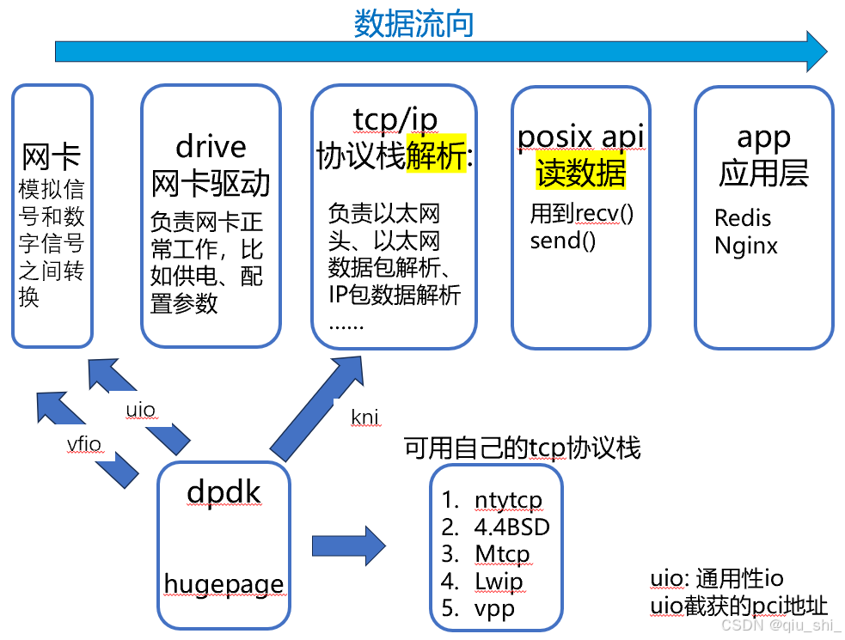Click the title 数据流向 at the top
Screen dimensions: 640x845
tap(413, 23)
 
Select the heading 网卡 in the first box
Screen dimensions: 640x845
tap(52, 157)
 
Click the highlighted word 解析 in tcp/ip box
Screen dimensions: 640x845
tap(436, 155)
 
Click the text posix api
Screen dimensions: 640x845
tap(581, 136)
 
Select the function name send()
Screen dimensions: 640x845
tap(562, 241)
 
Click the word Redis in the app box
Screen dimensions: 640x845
tap(743, 218)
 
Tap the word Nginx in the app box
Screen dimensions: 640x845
tap(746, 247)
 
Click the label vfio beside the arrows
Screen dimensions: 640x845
tap(83, 443)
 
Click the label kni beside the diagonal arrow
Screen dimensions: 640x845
tap(364, 418)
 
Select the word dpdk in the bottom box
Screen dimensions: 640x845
tap(223, 492)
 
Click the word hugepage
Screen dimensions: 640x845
tap(223, 584)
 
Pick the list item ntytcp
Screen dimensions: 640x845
tap(508, 500)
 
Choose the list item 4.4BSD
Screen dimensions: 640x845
tap(511, 527)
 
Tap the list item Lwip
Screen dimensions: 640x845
tap(499, 582)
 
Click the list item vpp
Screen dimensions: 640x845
tap(494, 608)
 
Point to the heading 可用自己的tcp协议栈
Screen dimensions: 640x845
tap(523, 448)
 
